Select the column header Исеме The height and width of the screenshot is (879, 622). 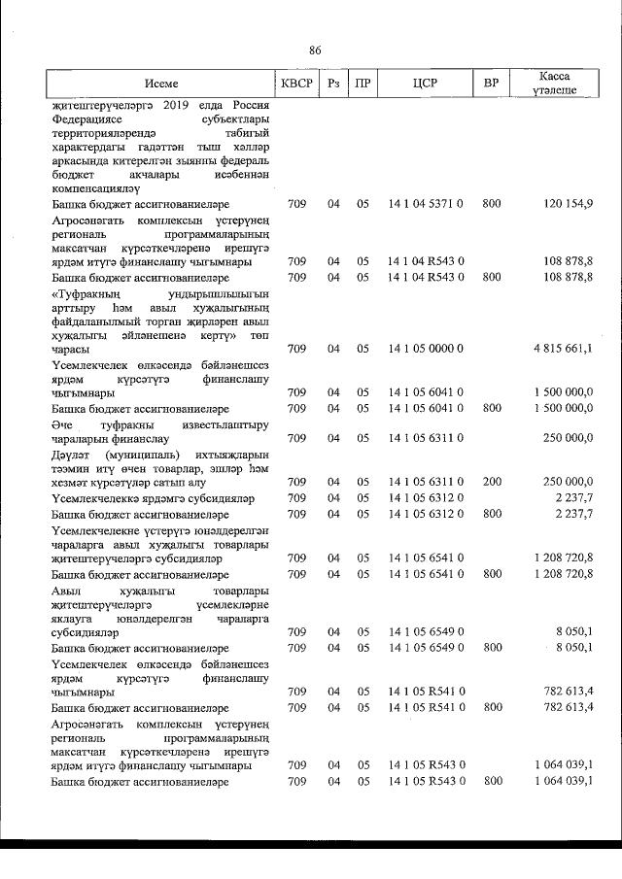[161, 84]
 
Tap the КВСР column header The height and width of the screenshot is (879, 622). [296, 84]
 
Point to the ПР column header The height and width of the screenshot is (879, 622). [363, 84]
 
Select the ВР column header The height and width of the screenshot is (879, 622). [491, 84]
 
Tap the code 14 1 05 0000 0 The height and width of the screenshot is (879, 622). [426, 348]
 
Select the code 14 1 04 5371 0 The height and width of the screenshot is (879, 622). [426, 205]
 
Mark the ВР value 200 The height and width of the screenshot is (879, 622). [491, 481]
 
